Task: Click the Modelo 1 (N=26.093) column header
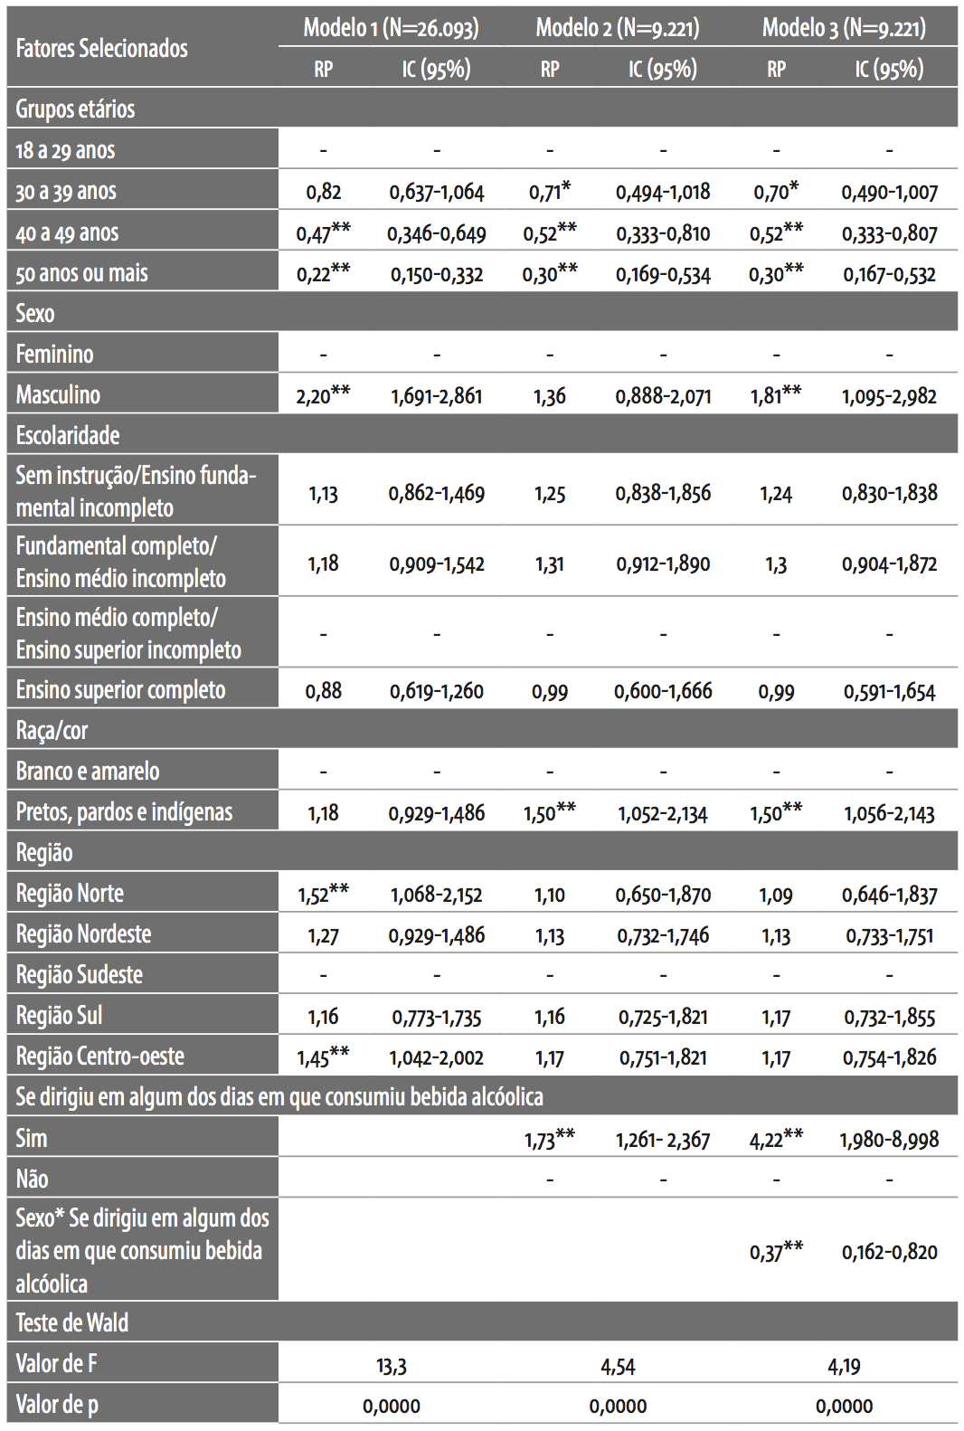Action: (391, 28)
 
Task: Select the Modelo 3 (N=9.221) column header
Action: (844, 28)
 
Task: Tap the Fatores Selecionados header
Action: (102, 48)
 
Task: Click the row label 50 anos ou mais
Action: (81, 273)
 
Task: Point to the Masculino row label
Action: (58, 395)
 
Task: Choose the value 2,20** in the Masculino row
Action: (323, 395)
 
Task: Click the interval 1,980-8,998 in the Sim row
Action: (889, 1140)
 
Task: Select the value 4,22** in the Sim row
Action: (776, 1139)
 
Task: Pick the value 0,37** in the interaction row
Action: (776, 1251)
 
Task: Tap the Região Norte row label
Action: (70, 894)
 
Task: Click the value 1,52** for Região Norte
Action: (323, 894)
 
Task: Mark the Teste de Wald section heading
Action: (72, 1322)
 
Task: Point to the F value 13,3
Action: (392, 1366)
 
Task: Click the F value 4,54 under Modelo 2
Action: (618, 1366)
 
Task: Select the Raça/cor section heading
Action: (52, 731)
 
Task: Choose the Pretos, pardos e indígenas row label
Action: (124, 812)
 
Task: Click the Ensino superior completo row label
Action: (120, 690)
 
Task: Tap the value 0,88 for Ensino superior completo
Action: (323, 691)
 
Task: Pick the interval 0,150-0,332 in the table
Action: (437, 274)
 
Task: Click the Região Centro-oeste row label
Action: (99, 1057)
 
